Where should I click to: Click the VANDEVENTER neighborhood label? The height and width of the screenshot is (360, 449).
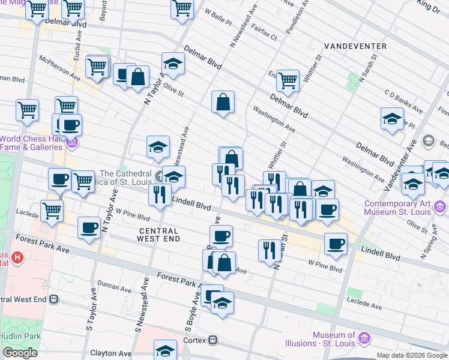coord(352,46)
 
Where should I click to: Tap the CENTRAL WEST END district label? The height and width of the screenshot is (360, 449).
coord(159,235)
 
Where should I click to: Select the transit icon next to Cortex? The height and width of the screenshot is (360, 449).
coord(212,340)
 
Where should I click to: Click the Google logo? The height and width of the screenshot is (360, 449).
coord(20,353)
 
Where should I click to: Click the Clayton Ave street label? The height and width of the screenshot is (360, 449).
coord(110,354)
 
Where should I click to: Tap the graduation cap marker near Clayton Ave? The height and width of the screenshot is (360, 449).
coord(166,350)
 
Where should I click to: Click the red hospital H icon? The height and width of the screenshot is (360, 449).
coord(18,259)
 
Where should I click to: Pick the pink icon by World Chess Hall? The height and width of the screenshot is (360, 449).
coord(73,143)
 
